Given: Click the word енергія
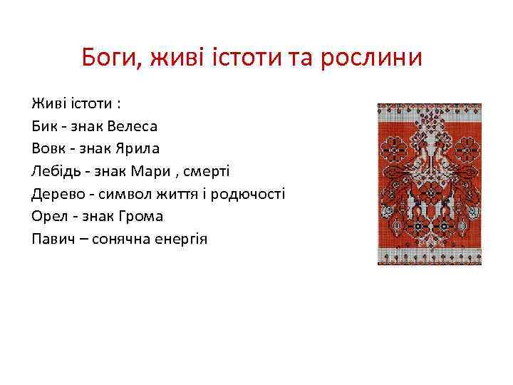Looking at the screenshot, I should pyautogui.click(x=179, y=238).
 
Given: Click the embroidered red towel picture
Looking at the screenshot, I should pyautogui.click(x=429, y=184).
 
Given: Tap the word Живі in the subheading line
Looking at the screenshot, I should pyautogui.click(x=48, y=104).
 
